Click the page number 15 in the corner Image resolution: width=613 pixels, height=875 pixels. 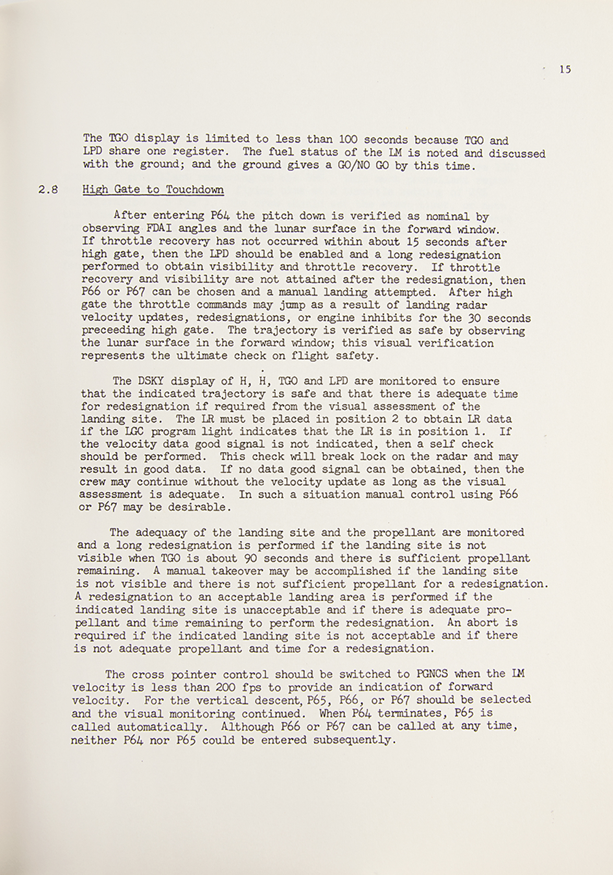[x=565, y=69]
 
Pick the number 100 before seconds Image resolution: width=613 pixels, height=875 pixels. [x=348, y=140]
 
